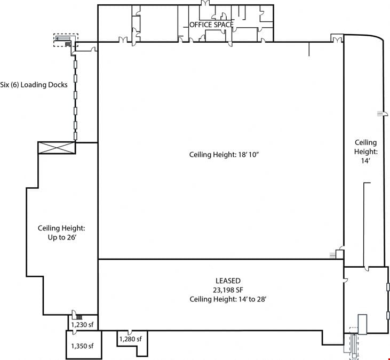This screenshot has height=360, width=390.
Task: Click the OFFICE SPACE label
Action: (211, 25)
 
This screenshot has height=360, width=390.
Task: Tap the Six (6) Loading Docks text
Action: (34, 85)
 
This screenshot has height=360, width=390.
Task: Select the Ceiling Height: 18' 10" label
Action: (224, 155)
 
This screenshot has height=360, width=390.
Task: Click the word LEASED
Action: (228, 281)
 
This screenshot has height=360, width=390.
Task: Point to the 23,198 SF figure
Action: (228, 290)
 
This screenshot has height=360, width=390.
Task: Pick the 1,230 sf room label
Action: (82, 325)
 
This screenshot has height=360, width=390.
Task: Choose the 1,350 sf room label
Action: (82, 346)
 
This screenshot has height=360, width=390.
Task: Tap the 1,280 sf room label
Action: (131, 339)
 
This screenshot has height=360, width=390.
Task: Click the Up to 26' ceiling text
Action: (62, 237)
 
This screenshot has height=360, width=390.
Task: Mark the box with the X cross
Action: (57, 148)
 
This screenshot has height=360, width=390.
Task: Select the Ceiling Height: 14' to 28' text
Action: (228, 299)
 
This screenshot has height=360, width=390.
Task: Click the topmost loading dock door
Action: (75, 64)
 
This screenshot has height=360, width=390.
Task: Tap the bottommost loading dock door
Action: (75, 136)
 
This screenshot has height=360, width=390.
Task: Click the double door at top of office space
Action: (205, 3)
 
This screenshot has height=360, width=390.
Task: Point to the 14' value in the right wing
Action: (365, 161)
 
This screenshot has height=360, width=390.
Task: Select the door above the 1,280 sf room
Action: (130, 333)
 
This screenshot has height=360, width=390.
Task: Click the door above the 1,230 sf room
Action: (74, 315)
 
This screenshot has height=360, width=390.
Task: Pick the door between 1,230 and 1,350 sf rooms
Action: (74, 332)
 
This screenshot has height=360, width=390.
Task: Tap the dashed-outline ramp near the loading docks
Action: (66, 41)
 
